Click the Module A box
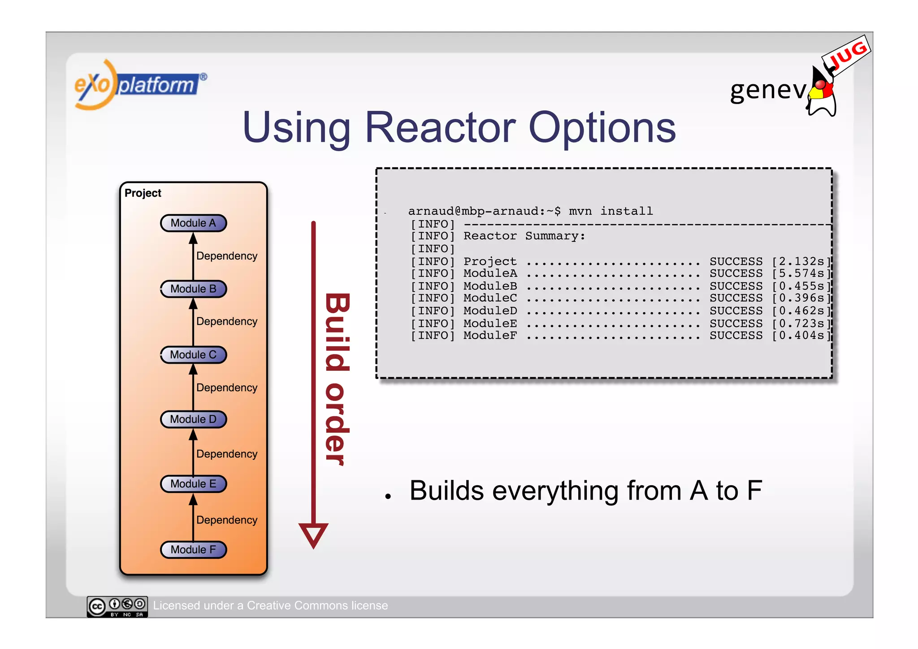(193, 223)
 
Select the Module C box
(193, 355)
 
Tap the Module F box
(193, 549)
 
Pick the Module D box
(193, 419)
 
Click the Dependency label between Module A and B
(227, 256)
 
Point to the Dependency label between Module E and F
(227, 520)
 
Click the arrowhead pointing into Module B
(193, 304)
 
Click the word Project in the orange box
(143, 193)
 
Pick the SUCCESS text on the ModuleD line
(736, 311)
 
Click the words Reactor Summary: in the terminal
(524, 236)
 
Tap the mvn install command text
(611, 211)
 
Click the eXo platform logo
(139, 84)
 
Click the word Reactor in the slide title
(440, 128)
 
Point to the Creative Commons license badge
(117, 606)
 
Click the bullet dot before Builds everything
(388, 496)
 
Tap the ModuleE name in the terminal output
(490, 323)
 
